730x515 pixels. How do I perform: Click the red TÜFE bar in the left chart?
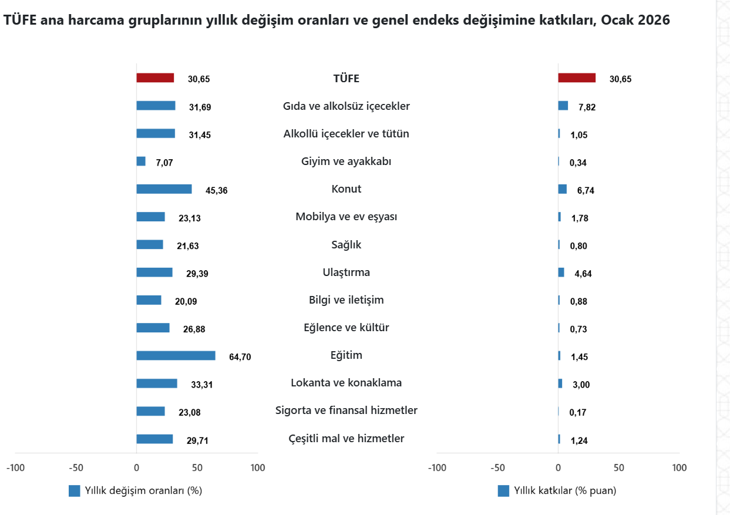tap(155, 78)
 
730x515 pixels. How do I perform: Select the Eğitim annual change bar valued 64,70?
tap(176, 356)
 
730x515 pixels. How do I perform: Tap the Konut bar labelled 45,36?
tap(164, 189)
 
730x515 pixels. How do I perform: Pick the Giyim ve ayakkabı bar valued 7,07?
tap(141, 161)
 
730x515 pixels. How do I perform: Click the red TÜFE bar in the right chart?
tap(577, 78)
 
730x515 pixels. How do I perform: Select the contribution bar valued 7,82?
tap(563, 106)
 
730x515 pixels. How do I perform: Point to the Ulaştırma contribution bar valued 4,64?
tap(561, 272)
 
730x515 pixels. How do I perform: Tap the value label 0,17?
tap(578, 412)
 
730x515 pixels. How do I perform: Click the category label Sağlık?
tap(347, 245)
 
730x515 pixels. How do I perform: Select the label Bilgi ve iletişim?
tap(347, 300)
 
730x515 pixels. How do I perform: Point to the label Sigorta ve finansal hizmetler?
tap(347, 410)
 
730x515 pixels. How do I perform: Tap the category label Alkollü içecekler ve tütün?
tap(347, 134)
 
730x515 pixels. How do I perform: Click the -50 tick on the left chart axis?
tap(76, 468)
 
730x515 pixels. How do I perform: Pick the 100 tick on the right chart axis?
tap(679, 468)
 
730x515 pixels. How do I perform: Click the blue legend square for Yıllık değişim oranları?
tap(75, 491)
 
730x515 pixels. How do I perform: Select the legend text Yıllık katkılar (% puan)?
tap(565, 491)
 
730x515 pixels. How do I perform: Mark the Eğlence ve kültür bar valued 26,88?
tap(153, 328)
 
